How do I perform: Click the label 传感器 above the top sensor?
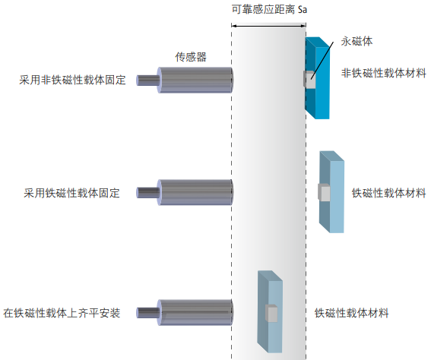click(191, 57)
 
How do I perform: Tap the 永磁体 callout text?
click(356, 42)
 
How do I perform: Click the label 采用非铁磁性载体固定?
click(69, 79)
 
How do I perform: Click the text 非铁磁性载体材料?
click(383, 73)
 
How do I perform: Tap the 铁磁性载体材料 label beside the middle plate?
click(388, 192)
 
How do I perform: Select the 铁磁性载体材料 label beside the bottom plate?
click(352, 312)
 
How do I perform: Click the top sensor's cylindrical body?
click(195, 79)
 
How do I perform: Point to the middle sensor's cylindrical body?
click(195, 193)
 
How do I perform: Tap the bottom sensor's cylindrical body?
click(195, 311)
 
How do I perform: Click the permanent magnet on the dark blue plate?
click(308, 78)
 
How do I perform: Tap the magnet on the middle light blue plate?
click(325, 193)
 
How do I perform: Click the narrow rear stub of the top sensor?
click(146, 79)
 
